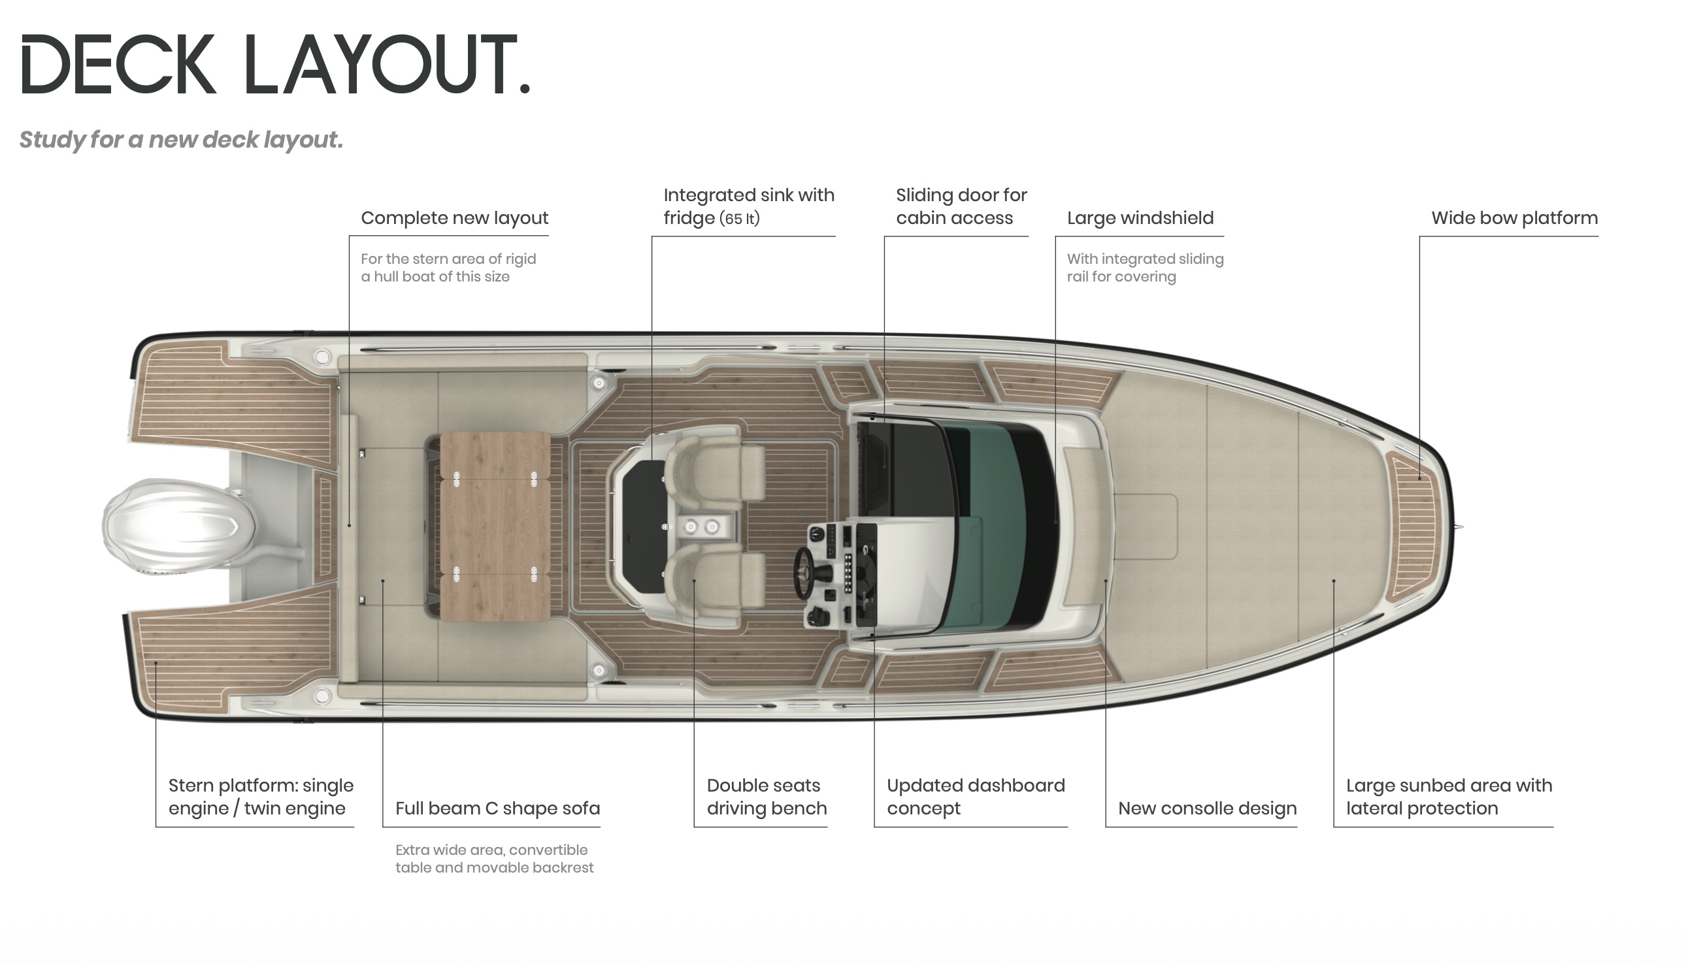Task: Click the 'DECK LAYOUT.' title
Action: [x=276, y=65]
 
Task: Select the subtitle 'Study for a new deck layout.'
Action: [x=181, y=140]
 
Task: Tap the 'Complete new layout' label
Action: [x=454, y=218]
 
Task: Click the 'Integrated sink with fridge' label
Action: [x=748, y=206]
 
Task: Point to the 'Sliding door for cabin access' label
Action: [x=961, y=206]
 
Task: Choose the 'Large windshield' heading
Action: [x=1140, y=218]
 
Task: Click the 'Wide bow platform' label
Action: [x=1513, y=218]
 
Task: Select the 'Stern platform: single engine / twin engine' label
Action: [x=260, y=797]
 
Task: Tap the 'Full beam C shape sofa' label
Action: [x=497, y=809]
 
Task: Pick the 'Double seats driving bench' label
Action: [x=767, y=797]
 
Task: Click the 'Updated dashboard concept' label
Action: [x=975, y=797]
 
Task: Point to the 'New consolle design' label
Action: [x=1207, y=809]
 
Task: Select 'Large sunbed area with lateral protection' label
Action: [x=1449, y=797]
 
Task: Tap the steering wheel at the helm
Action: [x=804, y=573]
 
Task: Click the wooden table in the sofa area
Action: [x=495, y=526]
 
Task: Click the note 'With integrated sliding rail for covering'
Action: [x=1145, y=268]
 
